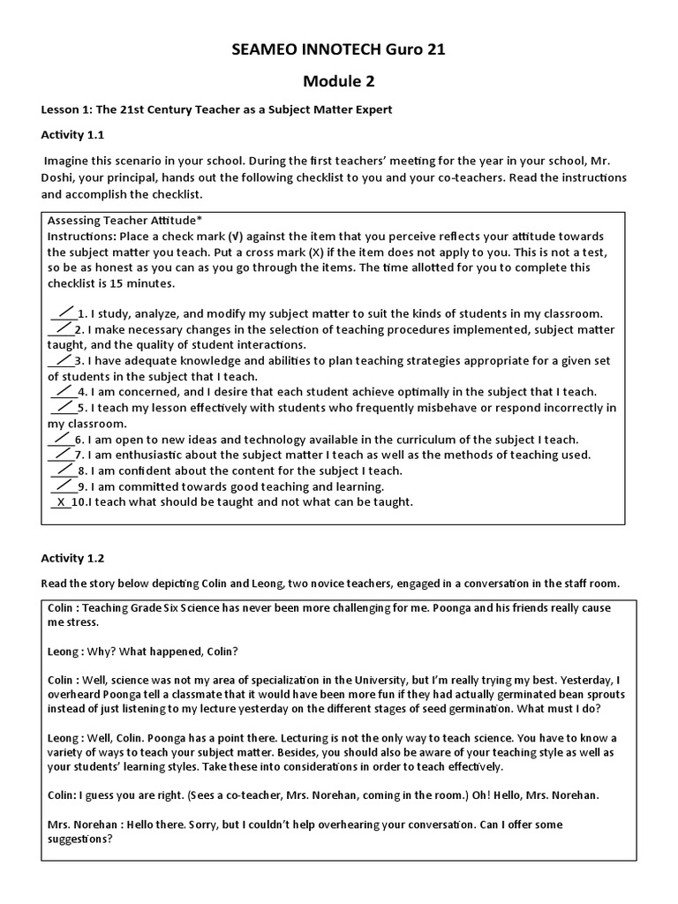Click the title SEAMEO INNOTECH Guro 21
tap(339, 49)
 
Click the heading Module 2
tap(339, 81)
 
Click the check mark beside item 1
tap(64, 312)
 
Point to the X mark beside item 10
tap(61, 502)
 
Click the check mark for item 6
tap(62, 438)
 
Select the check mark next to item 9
tap(64, 486)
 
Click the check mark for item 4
tap(64, 390)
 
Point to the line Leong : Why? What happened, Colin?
tap(142, 652)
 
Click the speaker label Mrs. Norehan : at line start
tap(86, 824)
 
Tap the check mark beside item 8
tap(64, 470)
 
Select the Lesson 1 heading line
tap(216, 109)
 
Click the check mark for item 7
tap(62, 454)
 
